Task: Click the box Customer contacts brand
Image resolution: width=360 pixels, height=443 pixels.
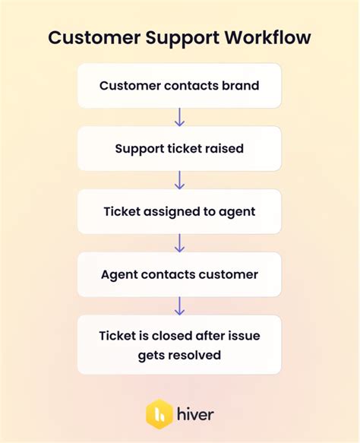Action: [x=179, y=85]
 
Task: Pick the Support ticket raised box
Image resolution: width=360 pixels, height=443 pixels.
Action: [x=179, y=148]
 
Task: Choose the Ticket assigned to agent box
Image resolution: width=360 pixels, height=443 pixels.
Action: [x=179, y=211]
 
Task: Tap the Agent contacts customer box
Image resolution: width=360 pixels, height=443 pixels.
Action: [x=179, y=274]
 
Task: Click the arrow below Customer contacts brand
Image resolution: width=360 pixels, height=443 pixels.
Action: [x=180, y=117]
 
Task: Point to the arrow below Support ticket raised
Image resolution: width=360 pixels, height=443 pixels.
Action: [x=180, y=180]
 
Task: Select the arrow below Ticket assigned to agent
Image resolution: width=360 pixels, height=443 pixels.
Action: [x=180, y=243]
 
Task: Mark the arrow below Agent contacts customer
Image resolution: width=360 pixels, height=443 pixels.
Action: [x=180, y=306]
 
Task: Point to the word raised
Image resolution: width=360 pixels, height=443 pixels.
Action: [x=226, y=148]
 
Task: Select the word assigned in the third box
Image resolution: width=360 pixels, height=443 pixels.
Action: [x=173, y=211]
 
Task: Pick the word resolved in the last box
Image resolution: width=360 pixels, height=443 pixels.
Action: [x=197, y=354]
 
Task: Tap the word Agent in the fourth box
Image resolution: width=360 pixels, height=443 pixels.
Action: [x=118, y=274]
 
